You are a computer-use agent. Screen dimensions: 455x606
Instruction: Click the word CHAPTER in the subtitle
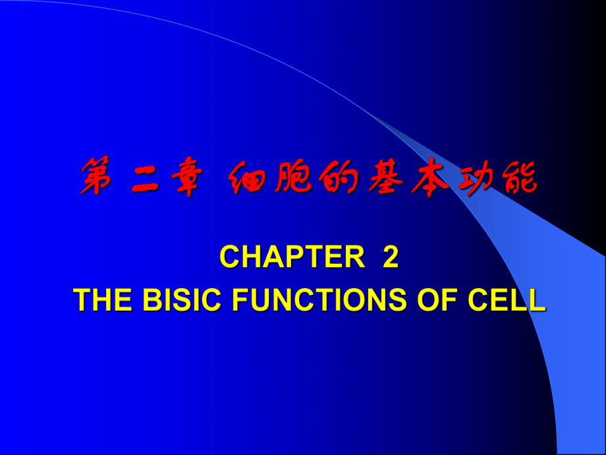292,258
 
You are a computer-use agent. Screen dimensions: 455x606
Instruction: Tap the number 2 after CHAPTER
391,258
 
